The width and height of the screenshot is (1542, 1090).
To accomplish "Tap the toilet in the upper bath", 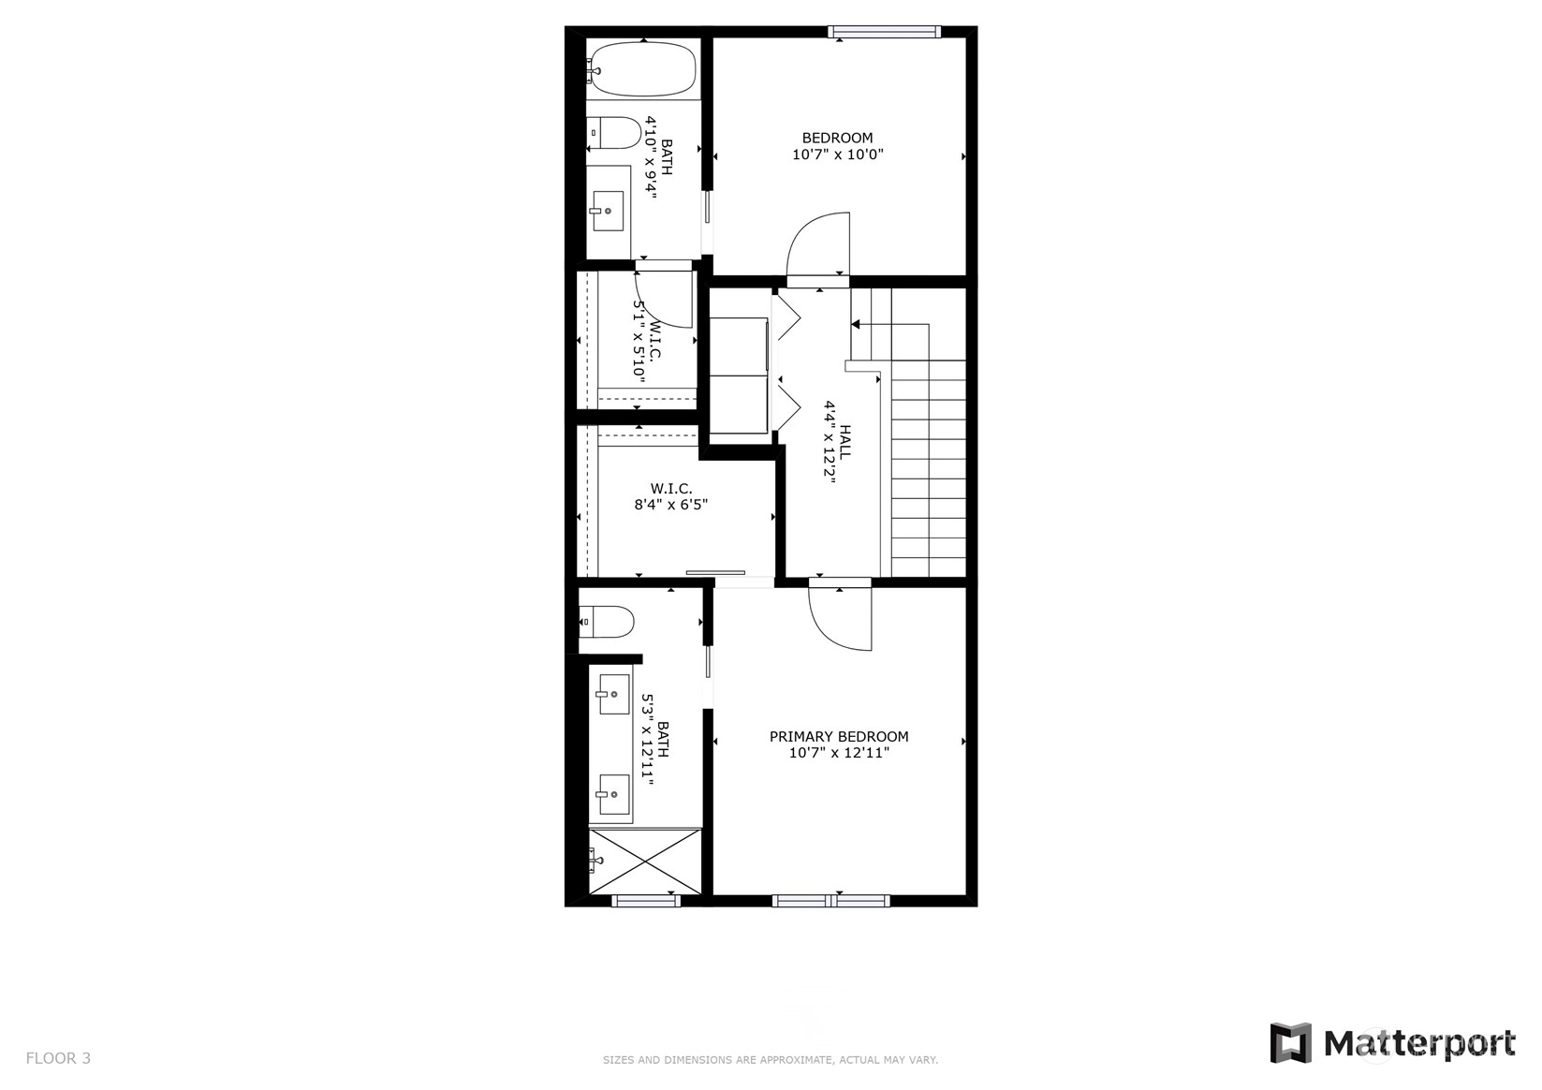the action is point(614,134).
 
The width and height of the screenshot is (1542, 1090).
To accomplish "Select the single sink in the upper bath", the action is point(608,211).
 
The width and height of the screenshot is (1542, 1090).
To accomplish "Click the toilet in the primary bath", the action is point(606,623).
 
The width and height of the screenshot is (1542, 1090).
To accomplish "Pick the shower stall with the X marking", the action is point(645,862).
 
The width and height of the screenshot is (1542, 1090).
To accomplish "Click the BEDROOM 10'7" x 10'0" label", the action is point(838,146).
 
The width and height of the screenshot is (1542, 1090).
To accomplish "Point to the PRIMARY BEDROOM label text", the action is point(839,737).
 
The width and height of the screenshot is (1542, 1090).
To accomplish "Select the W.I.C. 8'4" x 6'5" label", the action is point(671,496).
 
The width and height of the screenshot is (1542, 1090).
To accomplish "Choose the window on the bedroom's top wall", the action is point(884,32).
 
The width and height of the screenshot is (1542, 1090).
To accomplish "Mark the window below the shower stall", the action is point(646,901).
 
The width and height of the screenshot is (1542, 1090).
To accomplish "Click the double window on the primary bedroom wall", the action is point(830,901).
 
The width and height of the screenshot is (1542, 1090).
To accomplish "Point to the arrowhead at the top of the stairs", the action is point(856,324).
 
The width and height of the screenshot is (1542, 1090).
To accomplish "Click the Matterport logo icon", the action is point(1291,1043).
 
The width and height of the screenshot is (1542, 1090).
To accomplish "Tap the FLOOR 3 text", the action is point(58,1058).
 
